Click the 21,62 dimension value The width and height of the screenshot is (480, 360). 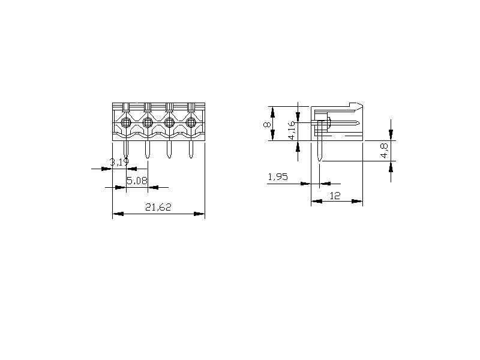[x=158, y=207]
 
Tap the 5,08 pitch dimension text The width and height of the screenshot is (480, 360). [x=137, y=181]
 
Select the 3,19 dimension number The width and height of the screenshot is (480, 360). [x=119, y=162]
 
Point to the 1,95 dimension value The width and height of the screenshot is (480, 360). [x=278, y=176]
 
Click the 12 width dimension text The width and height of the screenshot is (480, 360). [x=335, y=196]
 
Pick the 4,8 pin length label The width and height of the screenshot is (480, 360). [x=384, y=151]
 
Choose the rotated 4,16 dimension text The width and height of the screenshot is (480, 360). [x=292, y=130]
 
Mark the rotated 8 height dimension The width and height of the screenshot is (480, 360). [x=267, y=125]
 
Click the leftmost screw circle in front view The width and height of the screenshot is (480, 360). [x=126, y=123]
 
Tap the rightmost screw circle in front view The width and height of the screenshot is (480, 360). [x=191, y=123]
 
